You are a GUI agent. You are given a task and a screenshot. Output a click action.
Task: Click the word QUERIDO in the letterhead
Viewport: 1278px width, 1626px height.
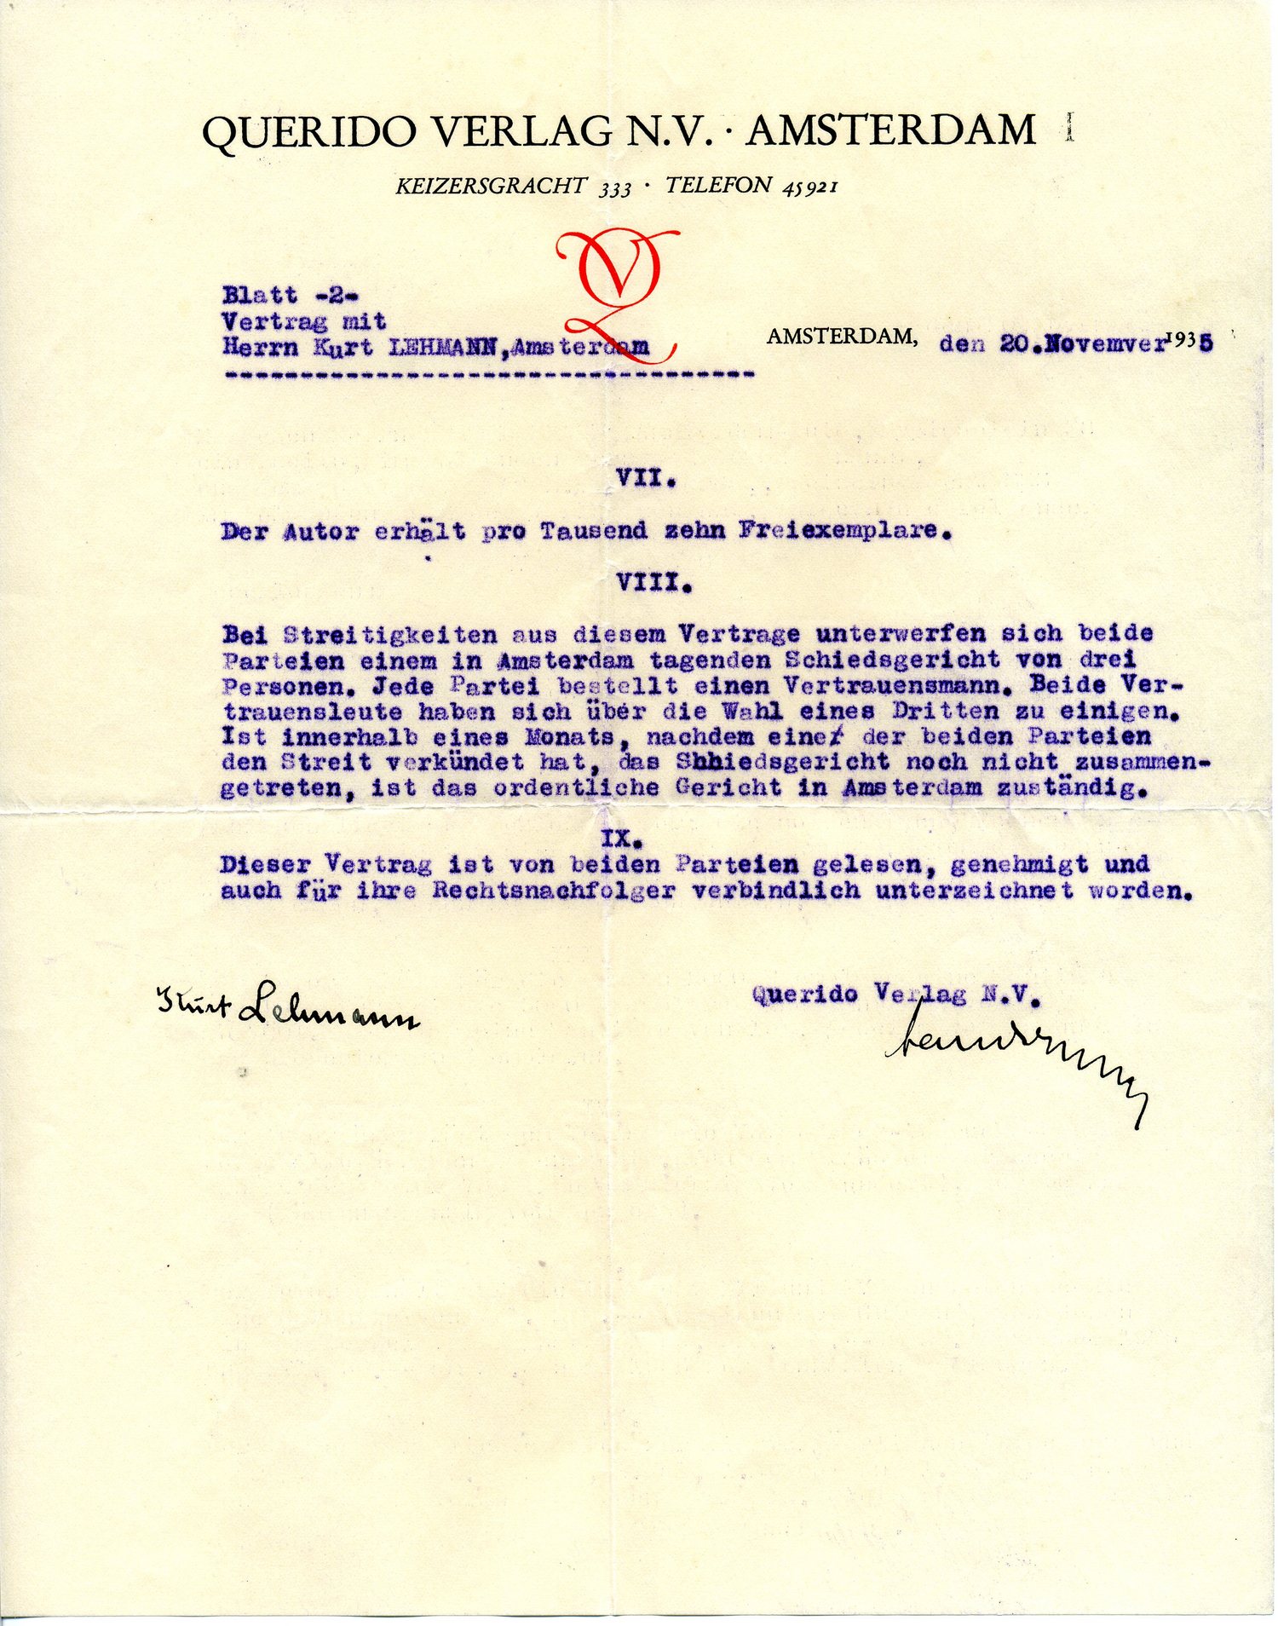tap(310, 132)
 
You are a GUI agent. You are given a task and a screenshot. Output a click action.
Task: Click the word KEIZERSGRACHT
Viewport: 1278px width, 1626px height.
tap(492, 185)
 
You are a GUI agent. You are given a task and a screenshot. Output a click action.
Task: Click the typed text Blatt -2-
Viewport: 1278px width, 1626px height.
tap(291, 296)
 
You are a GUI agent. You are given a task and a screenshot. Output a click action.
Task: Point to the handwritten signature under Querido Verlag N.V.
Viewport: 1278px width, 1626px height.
tap(1014, 1057)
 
